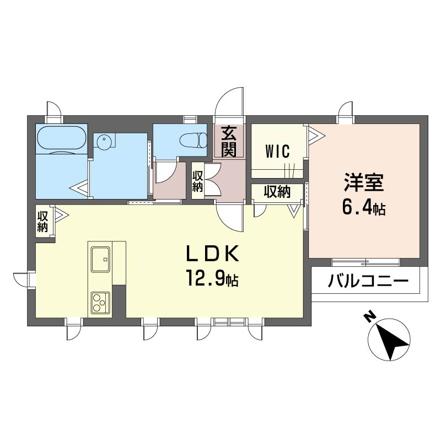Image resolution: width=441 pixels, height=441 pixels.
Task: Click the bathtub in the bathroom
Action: click(x=61, y=139)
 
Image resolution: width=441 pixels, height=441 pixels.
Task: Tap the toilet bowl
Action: click(x=193, y=140)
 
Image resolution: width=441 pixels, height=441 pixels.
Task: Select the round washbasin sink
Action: click(x=104, y=140)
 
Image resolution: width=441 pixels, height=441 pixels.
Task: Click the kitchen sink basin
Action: click(x=100, y=259)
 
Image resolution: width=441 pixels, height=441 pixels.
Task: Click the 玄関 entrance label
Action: click(x=228, y=142)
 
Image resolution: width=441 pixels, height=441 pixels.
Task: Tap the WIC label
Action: click(x=277, y=151)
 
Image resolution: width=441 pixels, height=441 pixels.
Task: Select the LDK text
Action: click(x=212, y=254)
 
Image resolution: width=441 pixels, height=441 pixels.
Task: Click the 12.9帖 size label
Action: click(x=212, y=278)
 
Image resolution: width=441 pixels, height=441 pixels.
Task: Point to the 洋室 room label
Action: click(x=364, y=182)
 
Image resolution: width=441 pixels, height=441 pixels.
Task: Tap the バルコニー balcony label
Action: click(x=368, y=281)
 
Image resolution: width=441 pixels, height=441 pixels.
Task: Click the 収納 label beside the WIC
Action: click(x=277, y=192)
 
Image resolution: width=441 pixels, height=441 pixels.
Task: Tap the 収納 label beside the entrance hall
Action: click(x=197, y=182)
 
